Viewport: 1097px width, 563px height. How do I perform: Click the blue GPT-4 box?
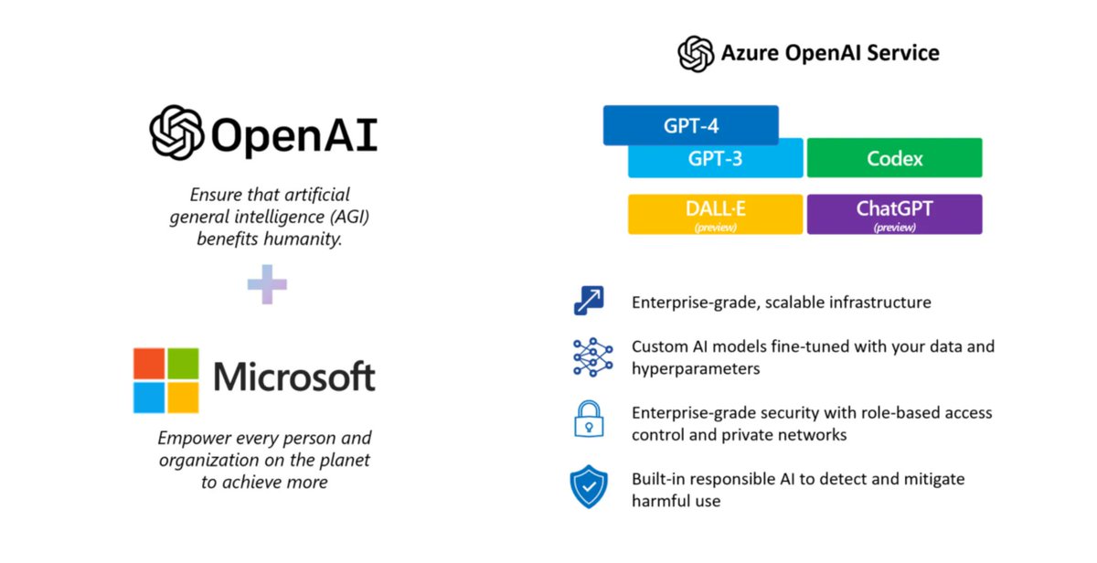[690, 125]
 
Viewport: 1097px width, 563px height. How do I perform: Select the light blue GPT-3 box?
[715, 159]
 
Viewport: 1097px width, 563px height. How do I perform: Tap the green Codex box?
[894, 158]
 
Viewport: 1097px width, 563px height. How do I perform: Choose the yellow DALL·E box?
[715, 214]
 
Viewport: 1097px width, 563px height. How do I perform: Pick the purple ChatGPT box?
[894, 214]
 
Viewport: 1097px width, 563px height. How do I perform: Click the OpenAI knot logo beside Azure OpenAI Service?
[696, 53]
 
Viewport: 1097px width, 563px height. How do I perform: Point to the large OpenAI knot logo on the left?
[177, 133]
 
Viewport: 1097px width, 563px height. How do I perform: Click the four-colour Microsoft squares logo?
[166, 380]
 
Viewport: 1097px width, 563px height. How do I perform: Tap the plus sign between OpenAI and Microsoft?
[267, 284]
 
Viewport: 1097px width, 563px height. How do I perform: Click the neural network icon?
[592, 357]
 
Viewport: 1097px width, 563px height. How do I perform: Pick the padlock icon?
[589, 419]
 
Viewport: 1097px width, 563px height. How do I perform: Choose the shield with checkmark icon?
[589, 486]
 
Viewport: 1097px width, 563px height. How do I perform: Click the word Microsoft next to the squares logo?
[293, 377]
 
